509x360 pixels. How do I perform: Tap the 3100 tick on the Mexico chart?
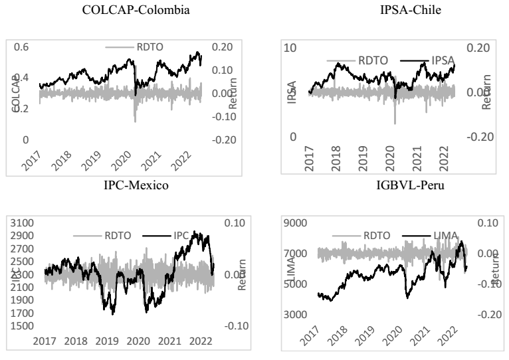[25, 223]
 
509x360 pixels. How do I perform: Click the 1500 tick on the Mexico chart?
[25, 326]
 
